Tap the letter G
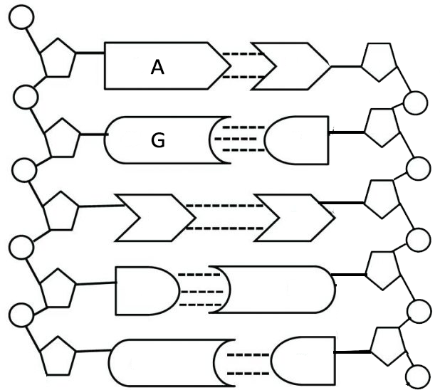158,140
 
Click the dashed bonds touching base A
238,65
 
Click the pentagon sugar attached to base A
57,60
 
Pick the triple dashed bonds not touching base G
196,290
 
